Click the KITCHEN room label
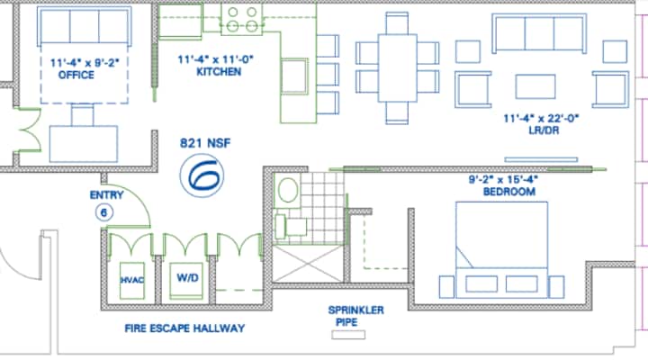pos(219,71)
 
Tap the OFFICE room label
pos(76,75)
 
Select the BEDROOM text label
pos(509,192)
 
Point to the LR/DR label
pos(544,130)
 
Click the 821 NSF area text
pos(205,143)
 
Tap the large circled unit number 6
pos(202,175)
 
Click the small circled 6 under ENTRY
pos(103,212)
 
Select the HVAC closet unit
pos(132,280)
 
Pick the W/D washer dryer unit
pos(187,280)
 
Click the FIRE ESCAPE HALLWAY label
pos(184,328)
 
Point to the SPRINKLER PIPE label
pos(355,316)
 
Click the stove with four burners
pos(242,20)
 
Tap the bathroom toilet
pos(288,190)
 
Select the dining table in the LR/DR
pos(397,68)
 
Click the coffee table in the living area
pos(535,86)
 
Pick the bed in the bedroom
pos(501,249)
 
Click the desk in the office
pos(84,144)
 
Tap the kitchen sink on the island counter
pos(294,76)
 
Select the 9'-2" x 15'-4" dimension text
pos(503,179)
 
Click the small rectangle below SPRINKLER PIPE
pos(348,335)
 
